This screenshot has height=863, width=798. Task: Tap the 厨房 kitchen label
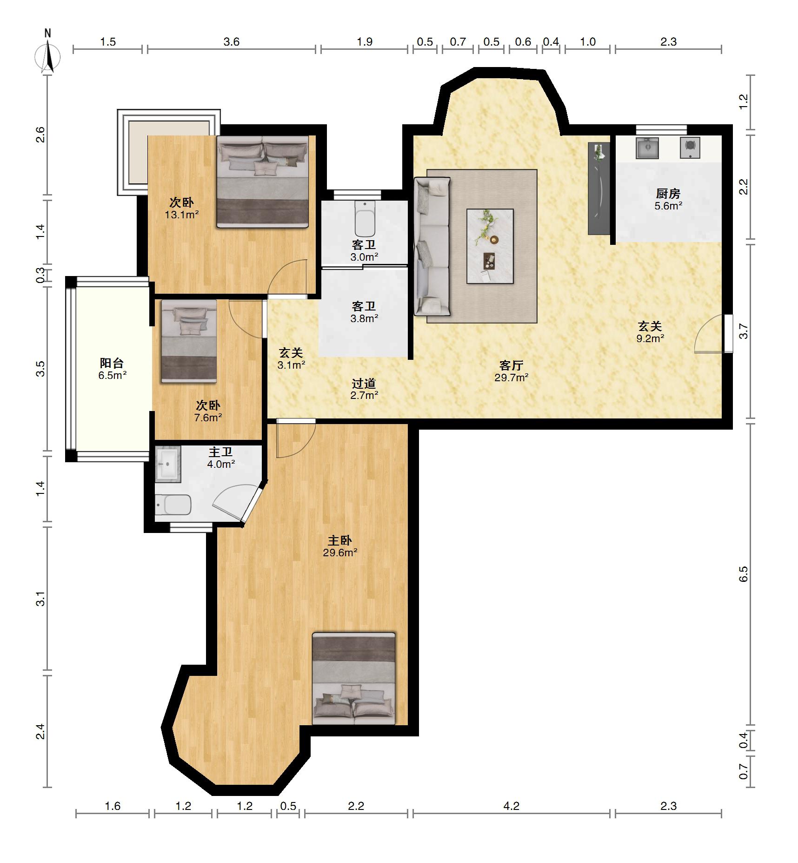point(668,193)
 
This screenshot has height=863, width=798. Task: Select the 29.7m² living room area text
point(511,378)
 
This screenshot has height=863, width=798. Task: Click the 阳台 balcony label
point(112,363)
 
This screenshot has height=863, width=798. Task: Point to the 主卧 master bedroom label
point(340,540)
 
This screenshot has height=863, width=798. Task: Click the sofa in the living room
point(432,247)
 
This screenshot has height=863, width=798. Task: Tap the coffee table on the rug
point(490,246)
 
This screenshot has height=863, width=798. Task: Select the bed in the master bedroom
point(354,678)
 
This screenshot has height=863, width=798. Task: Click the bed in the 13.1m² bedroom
point(263,182)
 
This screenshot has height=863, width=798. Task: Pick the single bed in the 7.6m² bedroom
point(189,341)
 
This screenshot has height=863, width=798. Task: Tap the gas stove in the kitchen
point(690,148)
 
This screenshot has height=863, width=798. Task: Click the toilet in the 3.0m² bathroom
point(365,219)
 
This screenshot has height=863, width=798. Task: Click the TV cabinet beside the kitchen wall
point(599,189)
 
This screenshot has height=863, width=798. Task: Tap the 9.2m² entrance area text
point(650,338)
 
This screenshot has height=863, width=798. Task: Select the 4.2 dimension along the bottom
point(511,806)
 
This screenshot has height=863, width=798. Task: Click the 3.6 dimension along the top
point(231,42)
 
